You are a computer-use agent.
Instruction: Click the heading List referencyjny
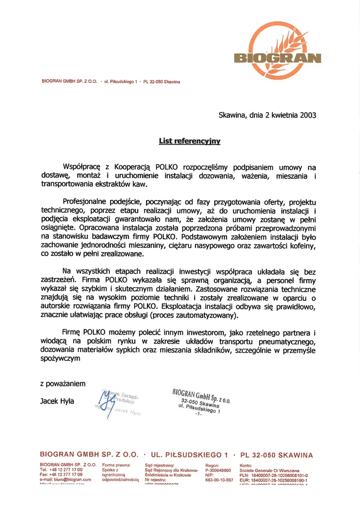pos(189,140)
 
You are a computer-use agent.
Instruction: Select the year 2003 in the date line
pos(306,115)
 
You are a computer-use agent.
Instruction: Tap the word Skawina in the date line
pos(233,115)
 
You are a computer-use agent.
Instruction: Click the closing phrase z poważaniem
pos(63,384)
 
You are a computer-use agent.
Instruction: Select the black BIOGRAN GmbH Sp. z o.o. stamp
pos(201,401)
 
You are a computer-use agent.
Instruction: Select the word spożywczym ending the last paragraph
pos(60,359)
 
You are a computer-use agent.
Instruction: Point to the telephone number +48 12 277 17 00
pos(66,470)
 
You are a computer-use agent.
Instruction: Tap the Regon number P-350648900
pos(218,470)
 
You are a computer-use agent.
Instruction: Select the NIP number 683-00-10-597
pos(220,480)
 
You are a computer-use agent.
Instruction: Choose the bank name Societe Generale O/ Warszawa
pos(269,470)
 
